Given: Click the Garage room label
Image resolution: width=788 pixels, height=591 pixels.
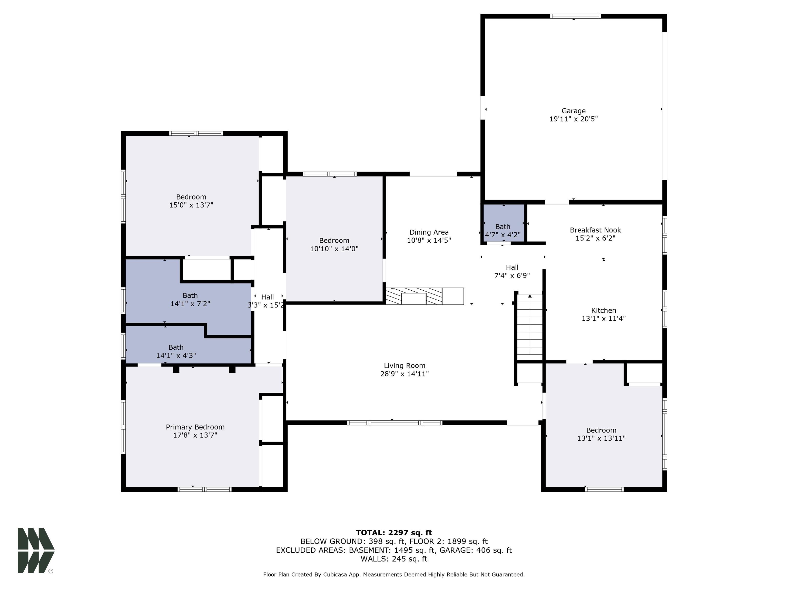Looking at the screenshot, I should pyautogui.click(x=573, y=111).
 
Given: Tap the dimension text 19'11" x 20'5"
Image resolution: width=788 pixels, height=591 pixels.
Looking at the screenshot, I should pyautogui.click(x=573, y=119).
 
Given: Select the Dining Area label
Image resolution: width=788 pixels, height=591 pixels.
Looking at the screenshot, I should pyautogui.click(x=429, y=232).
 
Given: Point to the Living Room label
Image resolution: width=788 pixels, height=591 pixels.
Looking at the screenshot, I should pyautogui.click(x=404, y=366).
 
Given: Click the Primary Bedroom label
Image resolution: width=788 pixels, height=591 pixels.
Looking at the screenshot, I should pyautogui.click(x=195, y=427).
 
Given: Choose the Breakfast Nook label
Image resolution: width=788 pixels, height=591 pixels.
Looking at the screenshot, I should pyautogui.click(x=595, y=230).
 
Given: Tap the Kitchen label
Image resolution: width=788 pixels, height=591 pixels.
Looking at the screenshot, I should pyautogui.click(x=604, y=310).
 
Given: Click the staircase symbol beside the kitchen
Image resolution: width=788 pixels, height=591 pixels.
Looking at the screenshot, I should pyautogui.click(x=530, y=326).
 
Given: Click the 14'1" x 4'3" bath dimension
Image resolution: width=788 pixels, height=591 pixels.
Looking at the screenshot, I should pyautogui.click(x=176, y=356).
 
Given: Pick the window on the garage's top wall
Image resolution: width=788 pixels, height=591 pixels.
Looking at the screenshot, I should pyautogui.click(x=575, y=16).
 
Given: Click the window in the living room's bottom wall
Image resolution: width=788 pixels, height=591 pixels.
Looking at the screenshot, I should pyautogui.click(x=395, y=423).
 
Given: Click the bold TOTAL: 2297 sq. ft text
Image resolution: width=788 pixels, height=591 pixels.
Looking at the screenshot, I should pyautogui.click(x=394, y=533).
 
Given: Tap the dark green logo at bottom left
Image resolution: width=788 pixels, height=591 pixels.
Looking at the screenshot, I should pyautogui.click(x=36, y=550).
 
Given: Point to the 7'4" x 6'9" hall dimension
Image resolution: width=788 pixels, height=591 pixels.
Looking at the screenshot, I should pyautogui.click(x=512, y=275).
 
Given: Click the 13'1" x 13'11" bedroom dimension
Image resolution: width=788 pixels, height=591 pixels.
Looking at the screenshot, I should pyautogui.click(x=601, y=438).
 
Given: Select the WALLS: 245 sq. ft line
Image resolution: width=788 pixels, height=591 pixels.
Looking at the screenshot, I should pyautogui.click(x=394, y=559).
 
